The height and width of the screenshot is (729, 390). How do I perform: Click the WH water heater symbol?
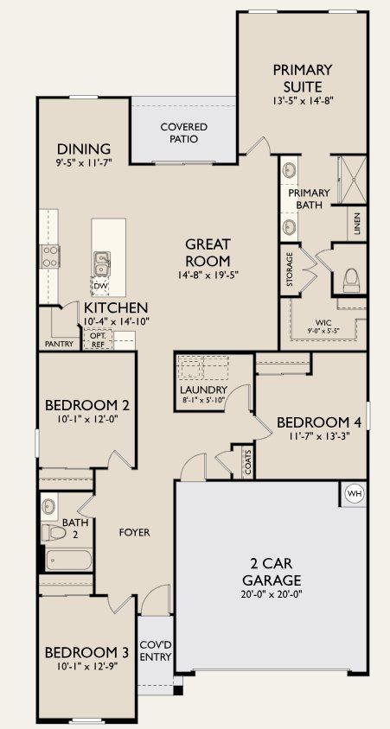coord(354,493)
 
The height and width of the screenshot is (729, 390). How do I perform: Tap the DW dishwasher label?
coord(100,285)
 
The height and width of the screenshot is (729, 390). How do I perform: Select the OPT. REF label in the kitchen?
coord(99,339)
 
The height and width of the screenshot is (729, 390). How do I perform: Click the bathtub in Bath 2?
coord(67,560)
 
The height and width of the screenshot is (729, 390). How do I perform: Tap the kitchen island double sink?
coord(101,259)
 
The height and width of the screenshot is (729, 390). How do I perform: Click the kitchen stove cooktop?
coord(48,256)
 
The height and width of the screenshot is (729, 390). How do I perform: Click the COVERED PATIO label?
coord(183,133)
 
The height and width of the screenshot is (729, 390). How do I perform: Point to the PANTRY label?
coord(59,344)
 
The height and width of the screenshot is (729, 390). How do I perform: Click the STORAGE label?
coord(287,269)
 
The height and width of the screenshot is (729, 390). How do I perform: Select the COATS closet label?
coord(247,465)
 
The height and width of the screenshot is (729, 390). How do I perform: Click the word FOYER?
coord(134,533)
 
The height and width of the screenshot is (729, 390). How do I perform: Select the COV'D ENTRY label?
coord(157,650)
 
